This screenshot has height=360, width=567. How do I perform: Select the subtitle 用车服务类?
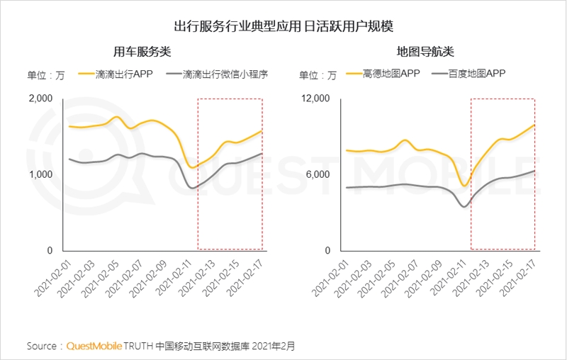point(142,52)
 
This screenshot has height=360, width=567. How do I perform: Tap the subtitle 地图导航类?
point(425,52)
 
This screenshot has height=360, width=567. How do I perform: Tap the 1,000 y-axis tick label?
point(40,174)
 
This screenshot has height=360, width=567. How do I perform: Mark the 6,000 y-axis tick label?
point(320,174)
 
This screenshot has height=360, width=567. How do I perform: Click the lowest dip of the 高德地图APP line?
point(464,186)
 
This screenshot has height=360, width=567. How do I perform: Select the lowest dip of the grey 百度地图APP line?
point(464,206)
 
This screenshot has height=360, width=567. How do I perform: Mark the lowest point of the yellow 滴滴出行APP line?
point(192,167)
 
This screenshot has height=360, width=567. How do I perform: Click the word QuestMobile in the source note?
point(94,347)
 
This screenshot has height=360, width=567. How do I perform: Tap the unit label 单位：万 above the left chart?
point(45,75)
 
